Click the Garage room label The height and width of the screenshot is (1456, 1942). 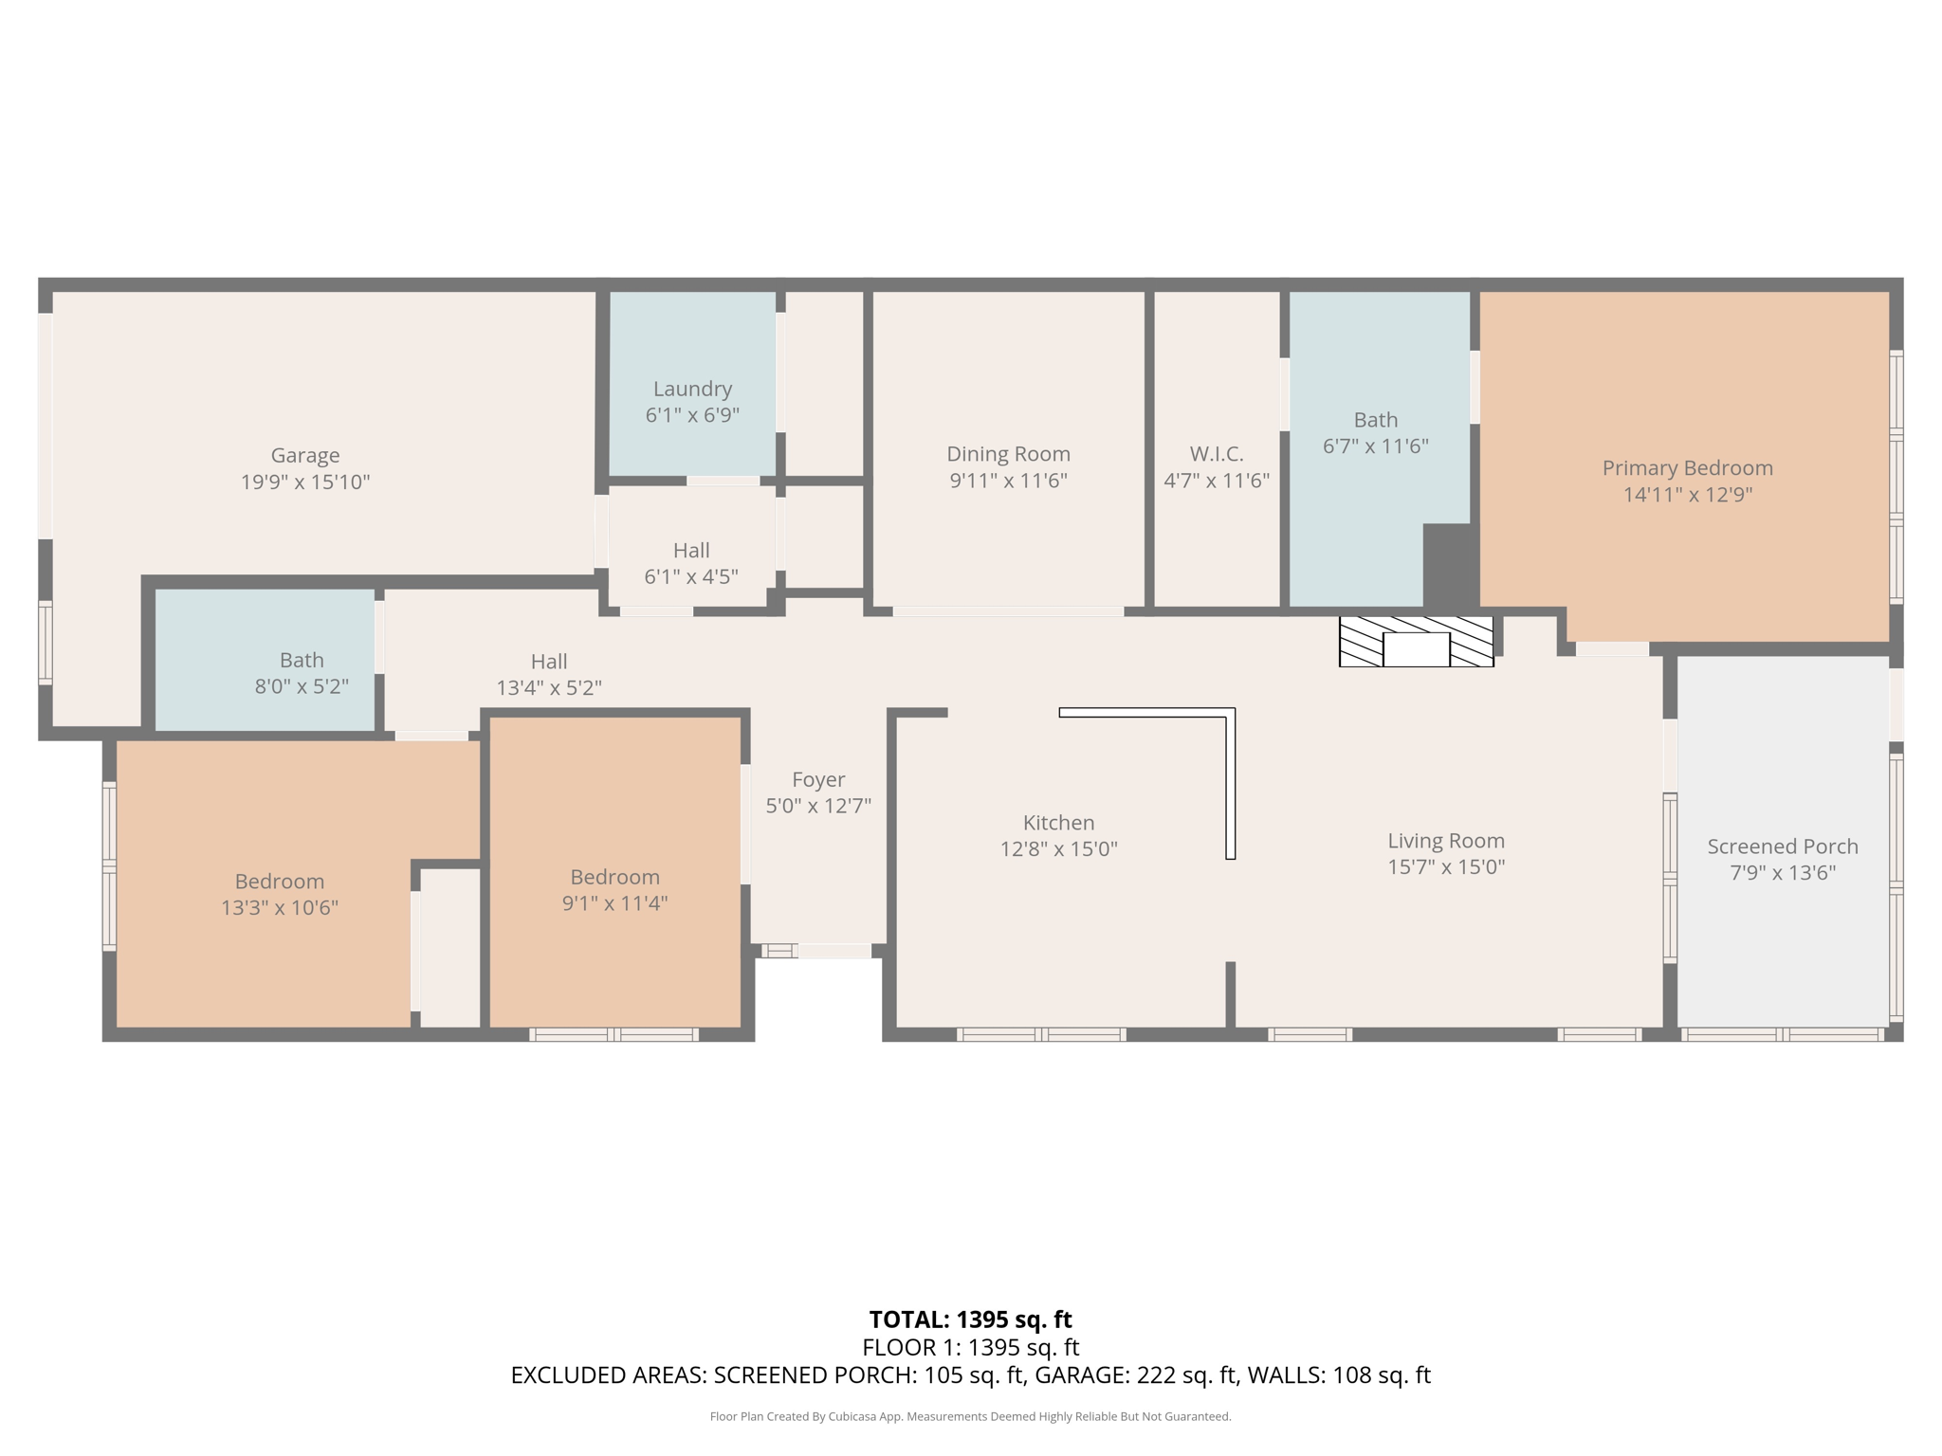coord(304,456)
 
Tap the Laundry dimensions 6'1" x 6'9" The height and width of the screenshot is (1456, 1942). coord(692,415)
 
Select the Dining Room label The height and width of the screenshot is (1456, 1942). coord(1008,454)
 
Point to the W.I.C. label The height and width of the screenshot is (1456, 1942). coord(1217,454)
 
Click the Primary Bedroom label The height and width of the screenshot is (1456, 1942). coord(1687,468)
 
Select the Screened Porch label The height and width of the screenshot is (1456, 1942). coord(1782,846)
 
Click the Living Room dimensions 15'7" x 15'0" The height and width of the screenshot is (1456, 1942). coord(1446,867)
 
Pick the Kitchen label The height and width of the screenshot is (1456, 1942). coord(1058,823)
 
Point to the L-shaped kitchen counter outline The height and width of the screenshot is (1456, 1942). coord(1230,758)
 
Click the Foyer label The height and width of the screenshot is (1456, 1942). coord(817,779)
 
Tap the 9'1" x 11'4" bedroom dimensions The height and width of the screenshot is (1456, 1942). coord(614,903)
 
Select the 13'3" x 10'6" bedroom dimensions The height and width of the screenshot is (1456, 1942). coord(280,908)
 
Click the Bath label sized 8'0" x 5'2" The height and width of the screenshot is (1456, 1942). coord(302,661)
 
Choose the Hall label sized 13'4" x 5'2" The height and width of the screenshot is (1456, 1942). coord(549,662)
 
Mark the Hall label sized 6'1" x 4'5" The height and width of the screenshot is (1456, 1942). coord(691,551)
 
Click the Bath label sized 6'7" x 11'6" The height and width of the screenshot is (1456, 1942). coord(1375,420)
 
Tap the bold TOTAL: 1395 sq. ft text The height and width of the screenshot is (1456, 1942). coord(970,1319)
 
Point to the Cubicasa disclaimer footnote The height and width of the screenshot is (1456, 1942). coord(970,1417)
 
